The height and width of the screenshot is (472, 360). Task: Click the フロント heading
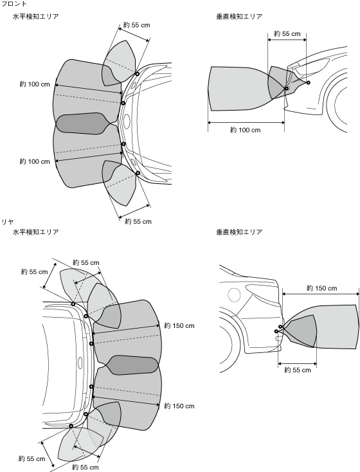tap(14, 4)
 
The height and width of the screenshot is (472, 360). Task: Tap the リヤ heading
tap(8, 222)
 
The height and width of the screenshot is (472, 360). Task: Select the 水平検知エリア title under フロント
tap(35, 17)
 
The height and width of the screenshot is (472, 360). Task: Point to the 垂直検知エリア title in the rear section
tap(239, 232)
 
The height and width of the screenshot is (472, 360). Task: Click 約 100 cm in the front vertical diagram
tap(246, 130)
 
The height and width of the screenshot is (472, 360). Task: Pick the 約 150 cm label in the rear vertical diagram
tap(322, 288)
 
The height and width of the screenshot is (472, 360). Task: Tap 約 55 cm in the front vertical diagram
tap(287, 33)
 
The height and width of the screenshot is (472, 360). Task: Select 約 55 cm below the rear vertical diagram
tap(298, 370)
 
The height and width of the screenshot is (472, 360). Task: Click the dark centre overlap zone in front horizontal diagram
tap(81, 123)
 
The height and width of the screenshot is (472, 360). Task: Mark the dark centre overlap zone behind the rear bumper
tap(132, 365)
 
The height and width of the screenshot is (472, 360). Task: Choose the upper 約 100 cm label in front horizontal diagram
tap(35, 85)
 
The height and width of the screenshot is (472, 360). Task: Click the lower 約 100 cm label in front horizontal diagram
tap(35, 161)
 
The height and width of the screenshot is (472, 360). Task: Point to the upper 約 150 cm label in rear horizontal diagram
tap(179, 325)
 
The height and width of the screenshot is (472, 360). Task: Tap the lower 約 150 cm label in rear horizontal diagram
tap(179, 406)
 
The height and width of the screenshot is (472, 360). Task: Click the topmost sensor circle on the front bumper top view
tap(137, 74)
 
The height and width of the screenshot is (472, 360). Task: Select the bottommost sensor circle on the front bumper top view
tap(138, 173)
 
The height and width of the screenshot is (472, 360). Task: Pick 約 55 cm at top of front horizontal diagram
tap(136, 25)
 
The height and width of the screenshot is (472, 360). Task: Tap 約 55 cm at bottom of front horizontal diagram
tap(138, 222)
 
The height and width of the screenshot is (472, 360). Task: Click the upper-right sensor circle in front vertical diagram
tap(308, 82)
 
